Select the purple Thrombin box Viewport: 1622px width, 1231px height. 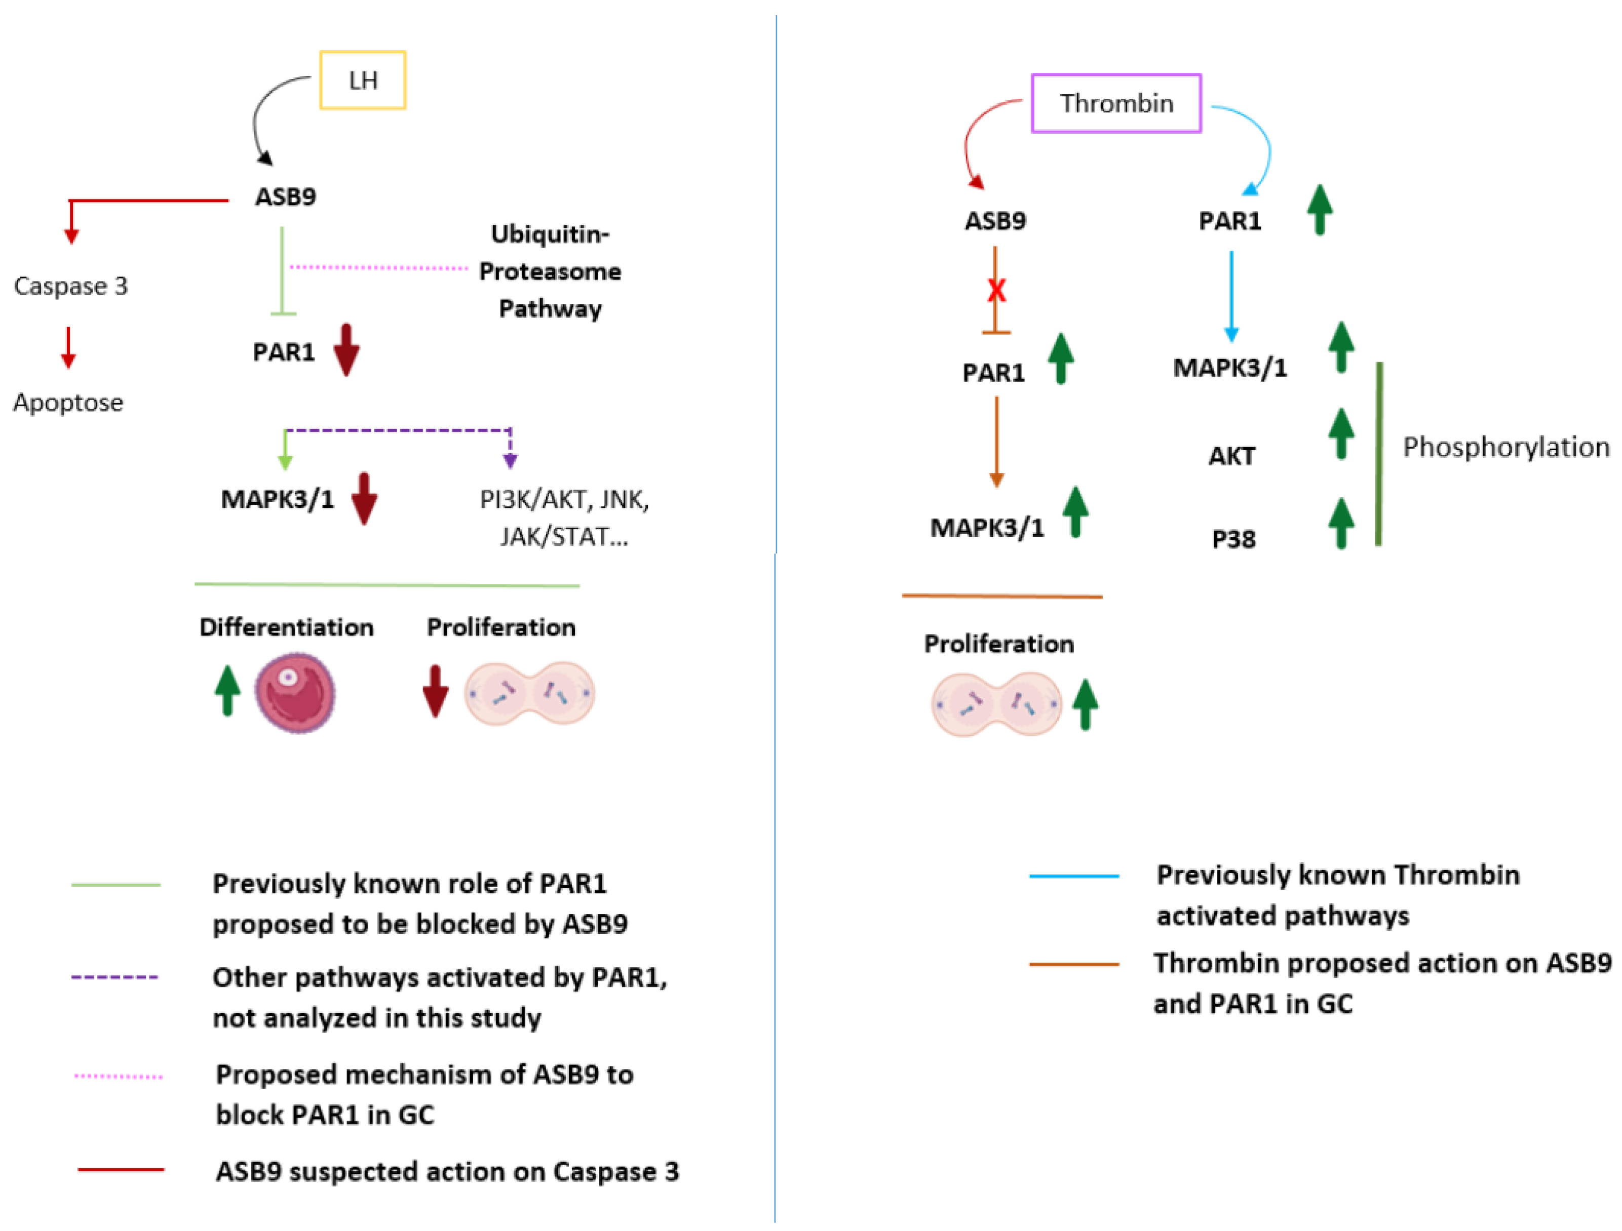(x=1115, y=103)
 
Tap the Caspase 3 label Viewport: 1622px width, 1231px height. (x=70, y=286)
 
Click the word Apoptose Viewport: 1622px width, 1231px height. (x=68, y=403)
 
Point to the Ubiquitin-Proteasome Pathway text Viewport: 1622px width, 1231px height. (x=550, y=271)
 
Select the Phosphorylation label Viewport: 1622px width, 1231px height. (x=1505, y=447)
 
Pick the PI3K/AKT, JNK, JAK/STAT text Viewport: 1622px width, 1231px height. (x=564, y=518)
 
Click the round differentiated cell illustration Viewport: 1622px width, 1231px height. (x=295, y=693)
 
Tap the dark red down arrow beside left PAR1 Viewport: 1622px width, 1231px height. (x=346, y=350)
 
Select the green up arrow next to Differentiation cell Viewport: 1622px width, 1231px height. (x=227, y=690)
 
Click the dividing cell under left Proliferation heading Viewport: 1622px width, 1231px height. (x=529, y=694)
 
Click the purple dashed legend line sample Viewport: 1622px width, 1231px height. (x=115, y=977)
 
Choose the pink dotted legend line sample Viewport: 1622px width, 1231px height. (x=118, y=1076)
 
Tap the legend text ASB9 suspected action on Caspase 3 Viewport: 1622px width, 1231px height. (x=447, y=1172)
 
